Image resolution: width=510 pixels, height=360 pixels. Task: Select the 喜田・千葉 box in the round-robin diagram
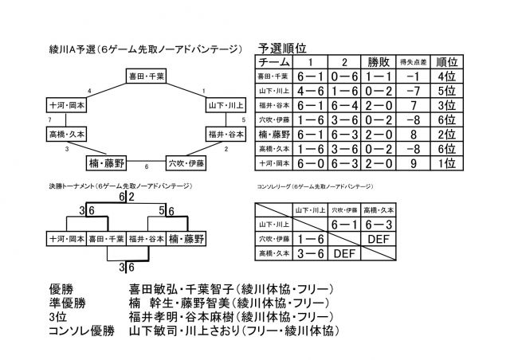[x=146, y=76]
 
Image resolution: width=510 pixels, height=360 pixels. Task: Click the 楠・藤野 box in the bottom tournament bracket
[x=188, y=238]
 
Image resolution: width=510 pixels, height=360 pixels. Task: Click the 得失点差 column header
[x=411, y=61]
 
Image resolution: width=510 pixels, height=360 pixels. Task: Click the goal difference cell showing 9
[x=411, y=162]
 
